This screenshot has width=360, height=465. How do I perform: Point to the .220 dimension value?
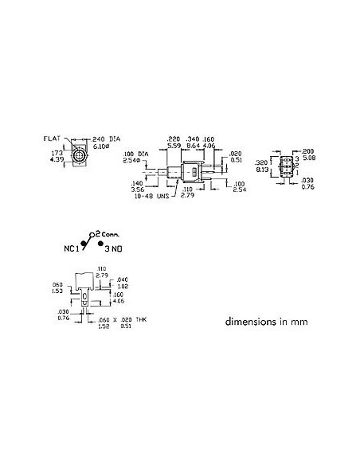(174, 137)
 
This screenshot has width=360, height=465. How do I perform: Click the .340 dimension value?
(194, 137)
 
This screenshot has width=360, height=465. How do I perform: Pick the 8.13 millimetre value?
(261, 170)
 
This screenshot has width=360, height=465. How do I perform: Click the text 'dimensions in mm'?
(265, 323)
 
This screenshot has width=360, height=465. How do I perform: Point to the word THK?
(139, 319)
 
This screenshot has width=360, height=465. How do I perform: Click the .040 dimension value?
(122, 279)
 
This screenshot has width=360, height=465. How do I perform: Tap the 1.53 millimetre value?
(57, 291)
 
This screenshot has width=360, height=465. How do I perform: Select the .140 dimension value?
(135, 183)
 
